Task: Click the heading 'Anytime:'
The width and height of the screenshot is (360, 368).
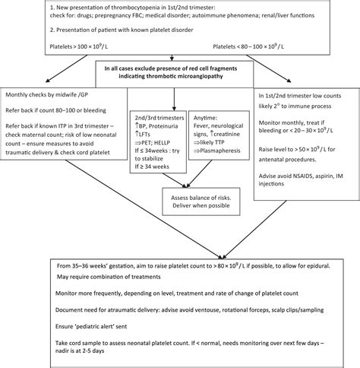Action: [199, 115]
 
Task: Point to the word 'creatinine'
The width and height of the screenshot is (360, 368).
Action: [220, 133]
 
